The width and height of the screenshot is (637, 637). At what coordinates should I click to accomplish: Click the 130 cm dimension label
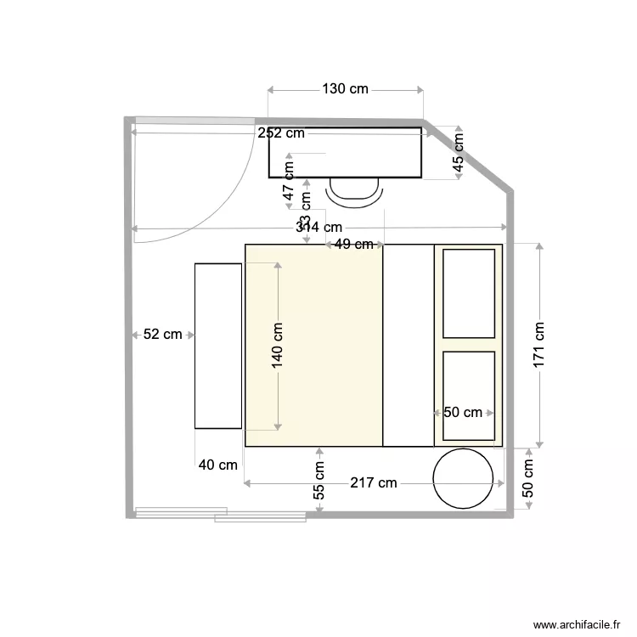tap(345, 89)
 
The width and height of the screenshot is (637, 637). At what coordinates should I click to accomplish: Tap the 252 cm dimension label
tap(281, 133)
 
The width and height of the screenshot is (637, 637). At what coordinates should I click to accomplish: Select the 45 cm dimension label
tap(458, 154)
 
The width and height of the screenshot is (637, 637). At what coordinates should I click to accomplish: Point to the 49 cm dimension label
tap(354, 245)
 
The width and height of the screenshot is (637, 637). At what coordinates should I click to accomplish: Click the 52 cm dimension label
tap(162, 335)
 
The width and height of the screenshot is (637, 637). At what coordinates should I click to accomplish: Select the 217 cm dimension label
tap(374, 483)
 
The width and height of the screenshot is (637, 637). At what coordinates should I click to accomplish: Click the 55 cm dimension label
tap(319, 480)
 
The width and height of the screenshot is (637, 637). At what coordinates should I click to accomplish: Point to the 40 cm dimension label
tap(218, 465)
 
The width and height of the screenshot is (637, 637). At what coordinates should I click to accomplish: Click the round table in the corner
tap(464, 478)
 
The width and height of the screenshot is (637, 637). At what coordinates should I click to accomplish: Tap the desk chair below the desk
tap(355, 193)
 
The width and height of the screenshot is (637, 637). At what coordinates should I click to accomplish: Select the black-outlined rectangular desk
tap(345, 153)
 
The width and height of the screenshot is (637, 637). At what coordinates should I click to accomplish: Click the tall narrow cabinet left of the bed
tap(218, 346)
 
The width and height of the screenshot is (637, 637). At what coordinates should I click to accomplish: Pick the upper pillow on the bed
tap(469, 293)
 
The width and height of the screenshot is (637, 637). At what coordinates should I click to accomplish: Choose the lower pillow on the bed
tap(469, 397)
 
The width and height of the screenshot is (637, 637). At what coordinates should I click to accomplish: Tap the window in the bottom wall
tap(220, 514)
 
